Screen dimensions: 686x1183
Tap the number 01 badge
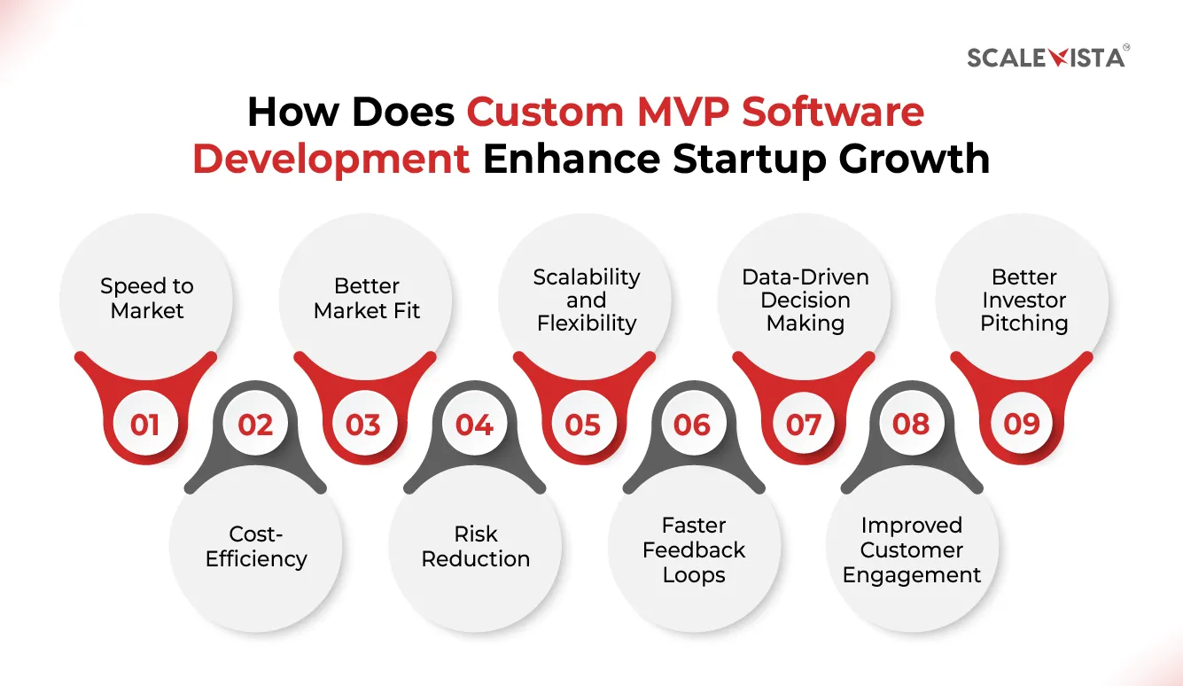pyautogui.click(x=144, y=425)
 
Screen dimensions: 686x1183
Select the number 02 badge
pyautogui.click(x=255, y=425)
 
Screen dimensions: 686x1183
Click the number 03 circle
pyautogui.click(x=363, y=425)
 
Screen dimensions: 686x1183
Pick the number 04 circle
pyautogui.click(x=474, y=425)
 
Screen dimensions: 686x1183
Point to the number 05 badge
pyautogui.click(x=583, y=425)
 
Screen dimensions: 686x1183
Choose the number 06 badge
pyautogui.click(x=692, y=425)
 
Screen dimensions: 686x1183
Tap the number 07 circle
pyautogui.click(x=803, y=425)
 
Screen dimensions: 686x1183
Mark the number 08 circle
pyautogui.click(x=911, y=425)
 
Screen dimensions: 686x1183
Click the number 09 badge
pyautogui.click(x=1021, y=425)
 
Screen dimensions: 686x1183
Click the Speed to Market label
pyautogui.click(x=147, y=299)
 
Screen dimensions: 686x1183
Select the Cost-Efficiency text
pyautogui.click(x=256, y=547)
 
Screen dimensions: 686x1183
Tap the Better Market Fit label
pyautogui.click(x=367, y=299)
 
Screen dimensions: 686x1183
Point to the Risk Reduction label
pyautogui.click(x=476, y=547)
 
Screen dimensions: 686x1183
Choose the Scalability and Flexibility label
pyautogui.click(x=586, y=300)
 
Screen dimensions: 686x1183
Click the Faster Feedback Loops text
pyautogui.click(x=695, y=550)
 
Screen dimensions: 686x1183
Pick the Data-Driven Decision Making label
pyautogui.click(x=806, y=300)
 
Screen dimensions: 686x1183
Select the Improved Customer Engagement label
pyautogui.click(x=912, y=550)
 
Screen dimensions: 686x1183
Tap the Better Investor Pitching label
pyautogui.click(x=1024, y=300)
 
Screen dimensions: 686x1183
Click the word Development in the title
pyautogui.click(x=331, y=159)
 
